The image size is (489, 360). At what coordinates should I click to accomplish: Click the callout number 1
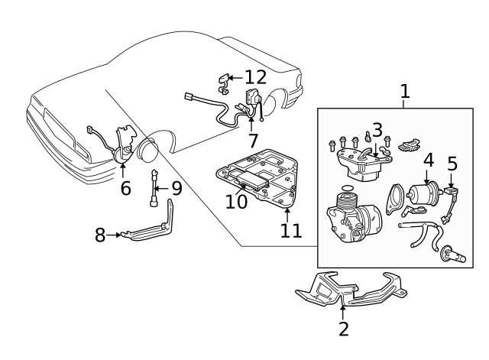405,92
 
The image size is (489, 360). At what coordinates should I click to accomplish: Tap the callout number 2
343,329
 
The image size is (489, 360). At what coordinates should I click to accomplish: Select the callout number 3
377,131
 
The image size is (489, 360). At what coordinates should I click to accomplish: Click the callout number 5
452,164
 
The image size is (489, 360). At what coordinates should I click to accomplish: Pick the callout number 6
125,187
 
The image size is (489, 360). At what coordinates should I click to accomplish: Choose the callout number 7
253,141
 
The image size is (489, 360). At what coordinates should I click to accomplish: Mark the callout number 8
100,235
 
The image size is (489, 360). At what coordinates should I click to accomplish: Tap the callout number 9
176,187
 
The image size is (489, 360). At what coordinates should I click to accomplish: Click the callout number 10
236,201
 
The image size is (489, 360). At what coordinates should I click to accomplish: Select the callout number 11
291,229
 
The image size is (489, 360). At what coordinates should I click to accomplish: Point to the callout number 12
256,77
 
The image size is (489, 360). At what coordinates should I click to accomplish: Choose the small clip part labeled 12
225,79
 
